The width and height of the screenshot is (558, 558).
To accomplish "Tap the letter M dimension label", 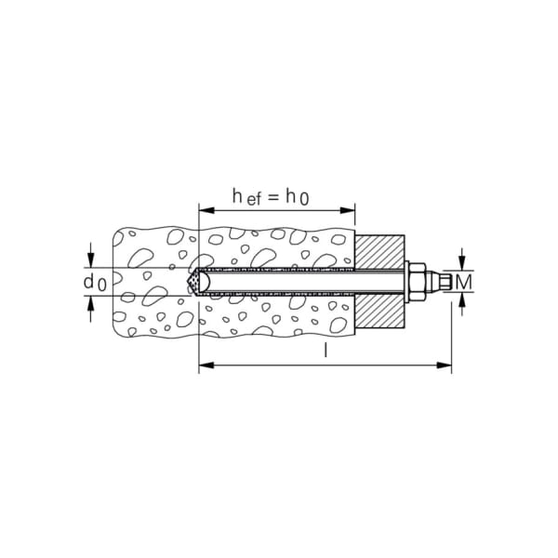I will pyautogui.click(x=467, y=281).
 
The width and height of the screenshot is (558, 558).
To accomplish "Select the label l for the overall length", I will pyautogui.click(x=325, y=352).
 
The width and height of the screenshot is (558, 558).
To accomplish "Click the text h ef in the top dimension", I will pyautogui.click(x=246, y=197).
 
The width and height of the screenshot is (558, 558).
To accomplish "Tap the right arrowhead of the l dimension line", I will pyautogui.click(x=445, y=367).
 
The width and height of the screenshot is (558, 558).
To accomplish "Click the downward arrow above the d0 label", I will pyautogui.click(x=90, y=259).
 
